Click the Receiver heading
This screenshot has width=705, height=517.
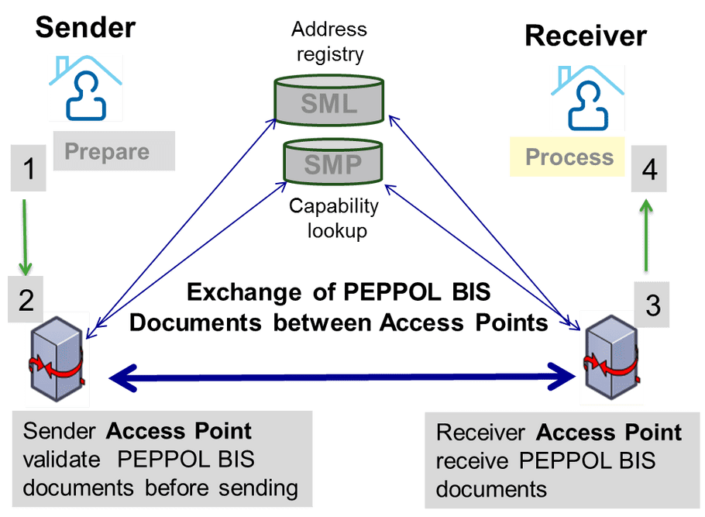click(585, 35)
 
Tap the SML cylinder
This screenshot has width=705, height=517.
click(330, 102)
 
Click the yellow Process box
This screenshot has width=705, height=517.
click(569, 157)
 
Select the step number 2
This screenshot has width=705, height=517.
click(26, 299)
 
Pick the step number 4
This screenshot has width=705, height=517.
click(650, 170)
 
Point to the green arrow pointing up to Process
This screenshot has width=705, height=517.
click(644, 236)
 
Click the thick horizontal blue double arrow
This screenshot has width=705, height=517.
click(341, 377)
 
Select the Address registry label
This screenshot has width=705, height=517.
click(328, 41)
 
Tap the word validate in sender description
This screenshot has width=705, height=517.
click(62, 459)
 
